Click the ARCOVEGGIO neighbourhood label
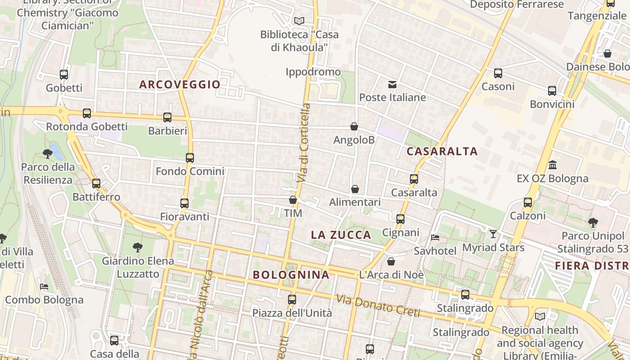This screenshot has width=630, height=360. pyautogui.click(x=180, y=84)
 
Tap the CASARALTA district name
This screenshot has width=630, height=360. pyautogui.click(x=442, y=151)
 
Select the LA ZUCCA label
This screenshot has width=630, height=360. pyautogui.click(x=341, y=235)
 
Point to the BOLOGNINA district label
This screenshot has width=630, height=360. pyautogui.click(x=291, y=274)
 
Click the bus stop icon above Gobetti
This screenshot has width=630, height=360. pyautogui.click(x=64, y=75)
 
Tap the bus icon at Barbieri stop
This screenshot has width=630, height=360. pyautogui.click(x=167, y=117)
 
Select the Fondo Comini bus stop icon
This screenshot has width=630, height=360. pyautogui.click(x=190, y=158)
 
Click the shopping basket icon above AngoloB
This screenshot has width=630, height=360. pyautogui.click(x=354, y=126)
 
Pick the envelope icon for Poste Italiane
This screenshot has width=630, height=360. pyautogui.click(x=392, y=84)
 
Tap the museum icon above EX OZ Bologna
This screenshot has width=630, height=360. pyautogui.click(x=553, y=165)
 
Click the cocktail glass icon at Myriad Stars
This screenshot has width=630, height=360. pyautogui.click(x=493, y=234)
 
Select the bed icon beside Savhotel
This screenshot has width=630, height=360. pyautogui.click(x=435, y=237)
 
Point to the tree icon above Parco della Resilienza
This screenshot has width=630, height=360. pyautogui.click(x=48, y=154)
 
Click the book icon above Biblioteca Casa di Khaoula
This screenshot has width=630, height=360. pyautogui.click(x=299, y=21)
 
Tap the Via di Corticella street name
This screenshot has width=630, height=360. pyautogui.click(x=305, y=143)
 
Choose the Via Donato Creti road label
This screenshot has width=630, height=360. pyautogui.click(x=378, y=306)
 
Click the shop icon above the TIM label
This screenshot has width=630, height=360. pyautogui.click(x=293, y=200)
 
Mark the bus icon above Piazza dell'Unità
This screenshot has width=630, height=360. pyautogui.click(x=292, y=299)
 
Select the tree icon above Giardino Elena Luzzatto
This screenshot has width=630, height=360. pyautogui.click(x=138, y=247)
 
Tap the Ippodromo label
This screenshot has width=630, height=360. pyautogui.click(x=313, y=72)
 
